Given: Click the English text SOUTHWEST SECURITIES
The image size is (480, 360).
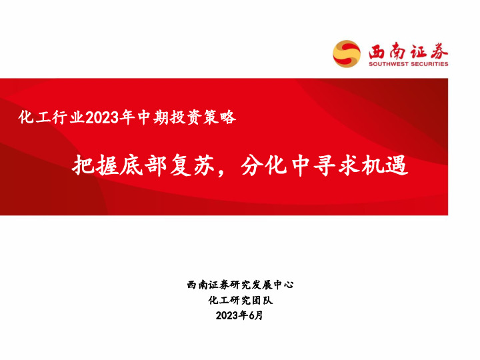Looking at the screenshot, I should pos(408,65).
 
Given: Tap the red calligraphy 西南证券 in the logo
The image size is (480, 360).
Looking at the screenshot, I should pos(408,51).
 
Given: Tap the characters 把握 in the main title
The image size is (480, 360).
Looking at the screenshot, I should pos(89,165).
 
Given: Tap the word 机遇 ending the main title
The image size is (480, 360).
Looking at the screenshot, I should pos(383,165).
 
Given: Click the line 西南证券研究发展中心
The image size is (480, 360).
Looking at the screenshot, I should pos(240,285).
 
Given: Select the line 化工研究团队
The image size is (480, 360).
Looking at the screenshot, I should pos(240,300).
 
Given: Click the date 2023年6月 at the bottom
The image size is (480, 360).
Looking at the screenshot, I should pos(240,315).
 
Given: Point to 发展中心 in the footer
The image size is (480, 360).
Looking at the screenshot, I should pos(273,285).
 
